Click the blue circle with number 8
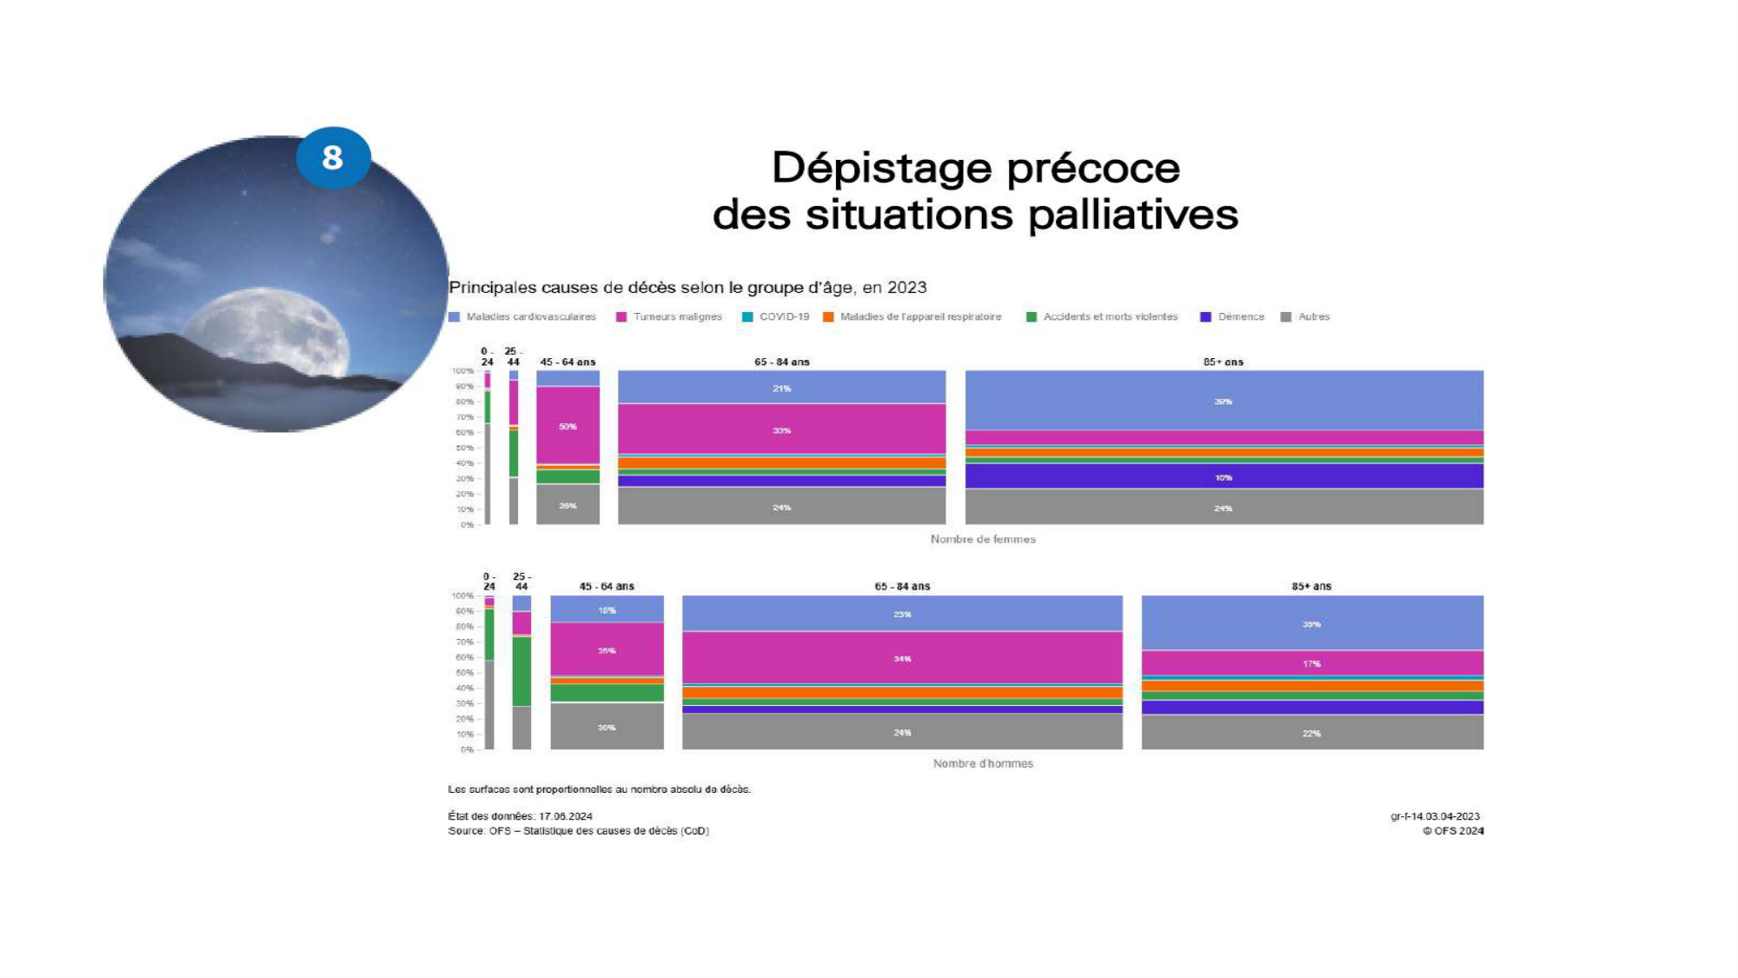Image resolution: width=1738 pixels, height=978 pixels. click(x=333, y=157)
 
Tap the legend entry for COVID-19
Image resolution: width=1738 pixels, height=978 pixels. click(x=783, y=316)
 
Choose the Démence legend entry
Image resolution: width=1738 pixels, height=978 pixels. click(x=1240, y=316)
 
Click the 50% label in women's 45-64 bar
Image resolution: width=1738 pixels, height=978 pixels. click(x=567, y=427)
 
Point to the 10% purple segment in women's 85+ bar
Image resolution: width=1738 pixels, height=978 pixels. click(x=1224, y=477)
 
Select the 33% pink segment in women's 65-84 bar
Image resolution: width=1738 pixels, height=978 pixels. click(x=781, y=430)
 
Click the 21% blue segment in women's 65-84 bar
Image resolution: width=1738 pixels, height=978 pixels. click(x=781, y=389)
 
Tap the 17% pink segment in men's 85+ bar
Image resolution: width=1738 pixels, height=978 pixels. click(x=1311, y=664)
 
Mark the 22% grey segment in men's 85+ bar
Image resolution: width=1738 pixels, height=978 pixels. click(x=1311, y=734)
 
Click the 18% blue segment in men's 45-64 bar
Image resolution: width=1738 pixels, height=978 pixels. click(x=607, y=610)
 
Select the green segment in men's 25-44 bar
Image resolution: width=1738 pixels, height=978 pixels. click(x=521, y=671)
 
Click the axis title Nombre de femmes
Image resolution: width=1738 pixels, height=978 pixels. click(x=983, y=539)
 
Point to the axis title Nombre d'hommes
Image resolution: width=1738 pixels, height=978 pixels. click(x=983, y=763)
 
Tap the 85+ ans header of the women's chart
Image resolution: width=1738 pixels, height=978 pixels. click(x=1223, y=362)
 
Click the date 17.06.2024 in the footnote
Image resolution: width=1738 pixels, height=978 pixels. click(x=566, y=816)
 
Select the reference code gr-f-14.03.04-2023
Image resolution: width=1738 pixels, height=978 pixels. click(x=1435, y=816)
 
